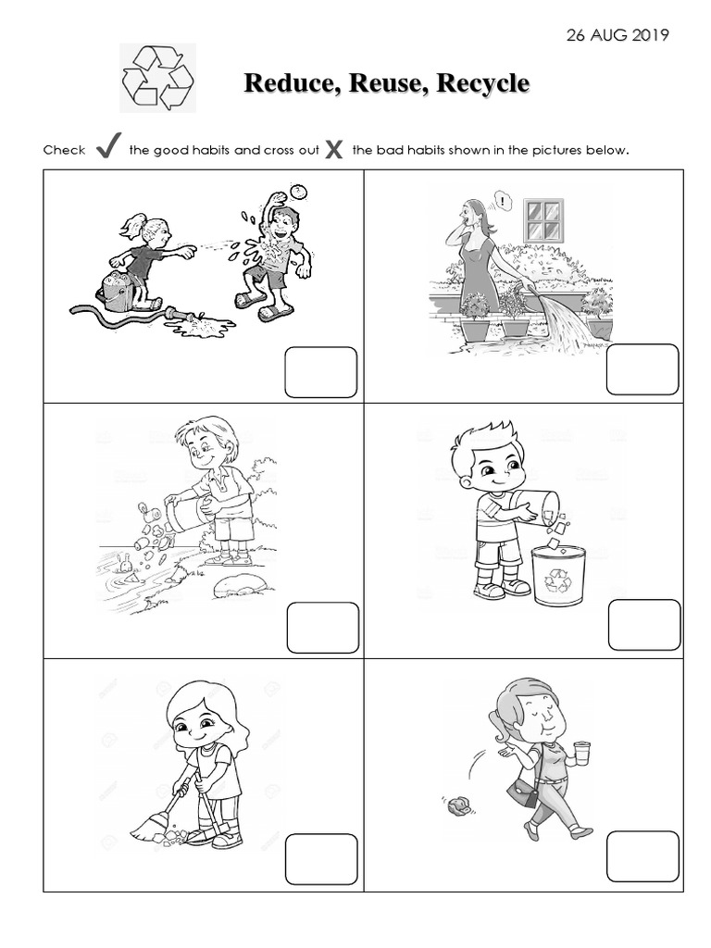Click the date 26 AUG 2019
tap(617, 35)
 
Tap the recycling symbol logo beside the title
tap(158, 79)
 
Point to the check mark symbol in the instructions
tap(108, 146)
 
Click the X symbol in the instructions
tap(335, 148)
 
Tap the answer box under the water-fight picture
tap(321, 372)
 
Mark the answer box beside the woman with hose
tap(642, 369)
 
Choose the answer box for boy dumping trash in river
tap(322, 628)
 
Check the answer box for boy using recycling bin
tap(643, 625)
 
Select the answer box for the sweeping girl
tap(321, 859)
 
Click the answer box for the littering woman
tap(642, 856)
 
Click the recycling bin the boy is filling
tap(558, 575)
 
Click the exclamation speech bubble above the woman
tap(501, 198)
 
